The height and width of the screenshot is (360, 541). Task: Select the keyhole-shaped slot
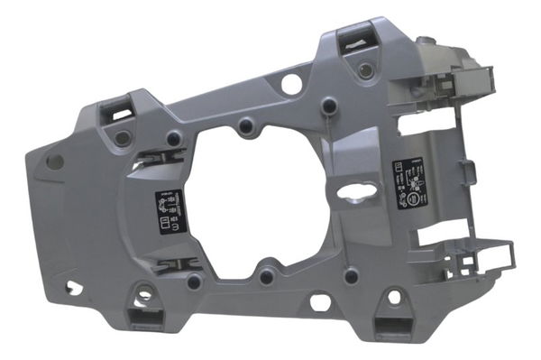coord(362,191)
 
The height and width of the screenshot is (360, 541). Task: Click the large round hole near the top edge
coord(290,84)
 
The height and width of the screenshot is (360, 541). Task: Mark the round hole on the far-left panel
coord(55,162)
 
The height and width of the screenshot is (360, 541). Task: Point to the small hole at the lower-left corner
coord(73,291)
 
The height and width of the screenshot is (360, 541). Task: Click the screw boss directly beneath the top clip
coord(363,70)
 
